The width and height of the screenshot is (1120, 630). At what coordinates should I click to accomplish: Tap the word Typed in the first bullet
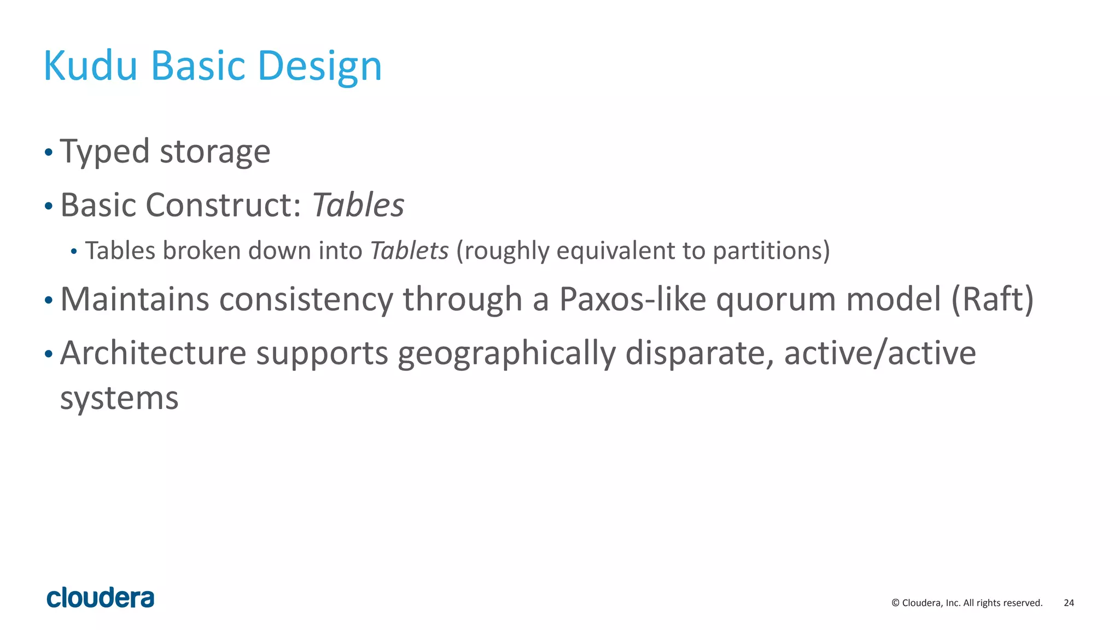coord(104,151)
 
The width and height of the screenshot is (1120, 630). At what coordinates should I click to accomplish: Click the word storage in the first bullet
coord(215,151)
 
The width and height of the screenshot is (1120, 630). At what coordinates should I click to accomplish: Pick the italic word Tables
coord(358,205)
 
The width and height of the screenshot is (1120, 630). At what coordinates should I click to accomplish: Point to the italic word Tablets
coord(409,250)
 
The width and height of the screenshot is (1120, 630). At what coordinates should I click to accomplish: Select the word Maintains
coord(135,299)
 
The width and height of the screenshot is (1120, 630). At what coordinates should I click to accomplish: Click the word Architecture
coord(153,353)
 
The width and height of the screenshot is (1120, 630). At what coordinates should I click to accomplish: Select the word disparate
coord(699,354)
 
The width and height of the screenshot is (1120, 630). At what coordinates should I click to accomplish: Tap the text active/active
coord(880,353)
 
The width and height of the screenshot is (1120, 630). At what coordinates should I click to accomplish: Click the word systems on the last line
coord(119,398)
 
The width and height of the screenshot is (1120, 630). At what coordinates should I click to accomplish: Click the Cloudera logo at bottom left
coord(101,598)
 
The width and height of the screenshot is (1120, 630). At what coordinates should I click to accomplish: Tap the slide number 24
coord(1069,603)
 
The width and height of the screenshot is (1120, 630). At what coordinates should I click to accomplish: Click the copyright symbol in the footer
coord(895,603)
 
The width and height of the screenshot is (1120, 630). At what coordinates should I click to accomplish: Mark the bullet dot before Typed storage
coord(49,152)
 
